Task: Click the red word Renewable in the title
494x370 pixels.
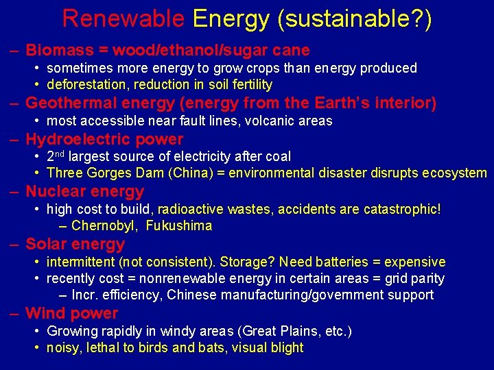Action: [x=123, y=18]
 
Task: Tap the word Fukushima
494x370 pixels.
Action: [x=179, y=226]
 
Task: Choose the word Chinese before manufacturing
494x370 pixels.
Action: [x=192, y=295]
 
